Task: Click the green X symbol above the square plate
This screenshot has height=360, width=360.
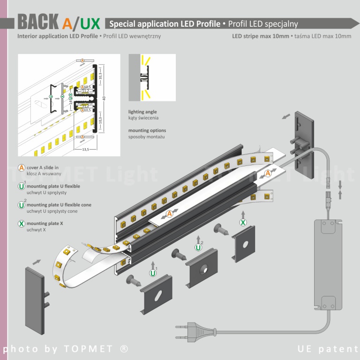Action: (243, 222)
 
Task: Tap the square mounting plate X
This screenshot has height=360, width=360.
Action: (245, 244)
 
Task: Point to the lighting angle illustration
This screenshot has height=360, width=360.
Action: (152, 77)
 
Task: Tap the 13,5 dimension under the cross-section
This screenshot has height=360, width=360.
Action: (86, 150)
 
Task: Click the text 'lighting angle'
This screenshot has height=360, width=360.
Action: (142, 112)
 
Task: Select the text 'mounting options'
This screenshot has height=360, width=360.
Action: (147, 130)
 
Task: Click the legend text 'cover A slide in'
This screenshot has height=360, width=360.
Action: (43, 167)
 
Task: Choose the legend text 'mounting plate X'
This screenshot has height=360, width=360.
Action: (45, 224)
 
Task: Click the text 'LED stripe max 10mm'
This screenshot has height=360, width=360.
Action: (261, 36)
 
